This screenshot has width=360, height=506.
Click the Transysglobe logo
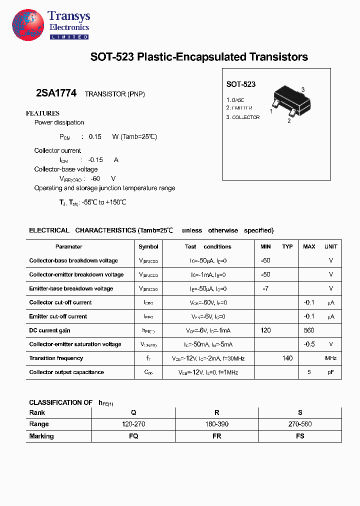tap(28, 24)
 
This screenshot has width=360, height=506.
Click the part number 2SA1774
tap(56, 93)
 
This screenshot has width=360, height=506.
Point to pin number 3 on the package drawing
tap(303, 89)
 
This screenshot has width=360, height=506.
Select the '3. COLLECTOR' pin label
tap(243, 117)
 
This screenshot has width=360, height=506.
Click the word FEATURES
tap(42, 113)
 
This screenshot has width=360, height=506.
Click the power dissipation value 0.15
tap(95, 136)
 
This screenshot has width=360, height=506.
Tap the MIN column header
tap(265, 246)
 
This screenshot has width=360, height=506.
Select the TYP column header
tap(287, 246)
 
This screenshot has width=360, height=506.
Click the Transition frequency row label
tap(56, 358)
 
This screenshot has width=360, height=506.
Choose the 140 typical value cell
tap(287, 358)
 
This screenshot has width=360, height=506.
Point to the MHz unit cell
tap(330, 358)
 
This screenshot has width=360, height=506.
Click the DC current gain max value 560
tap(309, 330)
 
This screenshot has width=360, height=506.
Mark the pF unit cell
tap(330, 372)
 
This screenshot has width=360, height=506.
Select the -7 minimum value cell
tap(265, 288)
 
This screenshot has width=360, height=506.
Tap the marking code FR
tap(216, 436)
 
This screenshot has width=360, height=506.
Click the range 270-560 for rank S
tap(300, 424)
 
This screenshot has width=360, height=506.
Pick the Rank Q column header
tap(133, 412)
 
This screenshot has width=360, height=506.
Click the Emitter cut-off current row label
tap(58, 316)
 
